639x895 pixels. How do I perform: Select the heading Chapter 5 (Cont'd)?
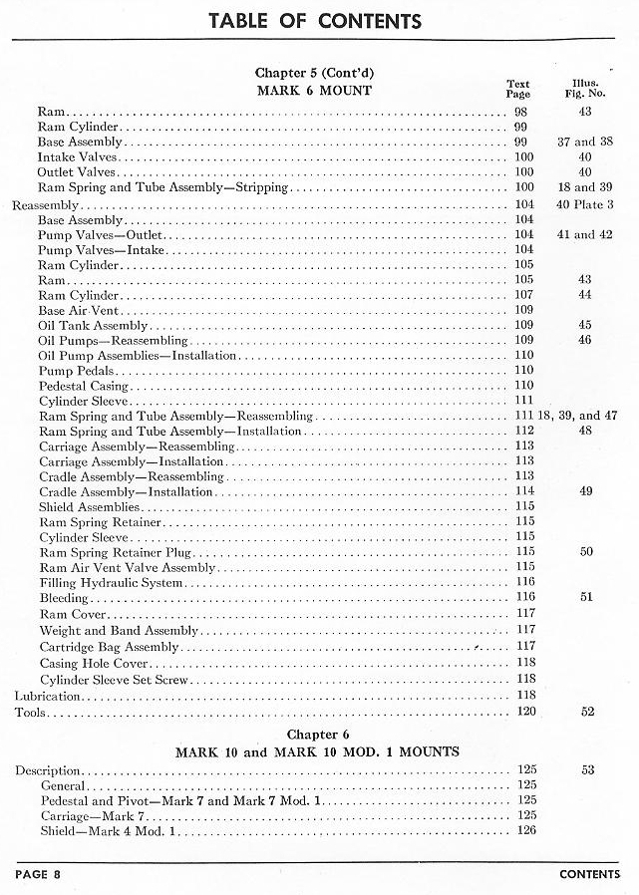(x=315, y=74)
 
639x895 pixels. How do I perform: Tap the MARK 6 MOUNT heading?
(x=315, y=91)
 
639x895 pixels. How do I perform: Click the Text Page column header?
(x=518, y=89)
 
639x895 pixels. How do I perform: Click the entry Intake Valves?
(x=79, y=157)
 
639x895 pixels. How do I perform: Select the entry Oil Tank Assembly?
(x=94, y=326)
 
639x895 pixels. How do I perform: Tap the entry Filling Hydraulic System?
(x=112, y=583)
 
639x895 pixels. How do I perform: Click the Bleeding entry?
(x=64, y=599)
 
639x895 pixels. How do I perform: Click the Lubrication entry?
(x=46, y=696)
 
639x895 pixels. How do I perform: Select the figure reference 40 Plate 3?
(x=585, y=204)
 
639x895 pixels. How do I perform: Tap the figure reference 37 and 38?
(x=585, y=143)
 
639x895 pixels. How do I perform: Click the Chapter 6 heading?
(x=316, y=735)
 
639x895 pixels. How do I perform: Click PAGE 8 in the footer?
(x=39, y=875)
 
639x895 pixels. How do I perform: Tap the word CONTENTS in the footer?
(x=590, y=875)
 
